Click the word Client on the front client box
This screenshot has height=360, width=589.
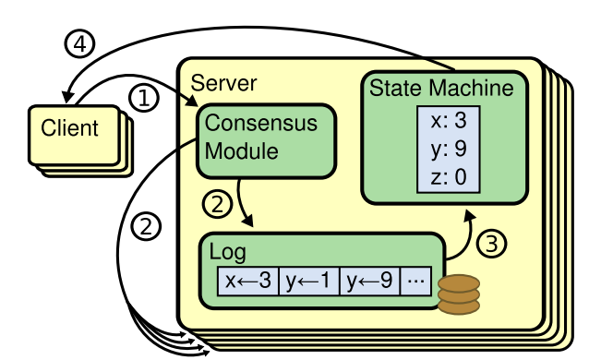coord(69,126)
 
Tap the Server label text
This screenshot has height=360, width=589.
coord(223,82)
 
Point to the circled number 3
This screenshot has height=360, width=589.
coord(494,246)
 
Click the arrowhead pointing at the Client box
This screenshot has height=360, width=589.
coord(67,96)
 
